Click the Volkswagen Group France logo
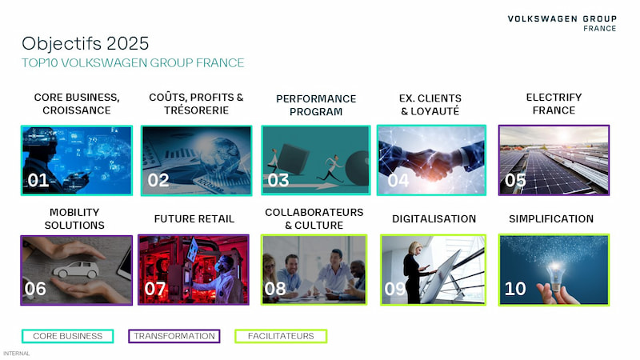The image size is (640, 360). point(562,23)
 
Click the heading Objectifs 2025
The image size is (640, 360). point(86,44)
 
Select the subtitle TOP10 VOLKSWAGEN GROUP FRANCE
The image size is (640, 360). point(133,63)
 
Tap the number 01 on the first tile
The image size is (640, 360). point(38,180)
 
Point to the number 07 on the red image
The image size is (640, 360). point(155,289)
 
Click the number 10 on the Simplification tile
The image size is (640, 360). point(515,289)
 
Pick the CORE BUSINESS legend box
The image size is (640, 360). point(68,336)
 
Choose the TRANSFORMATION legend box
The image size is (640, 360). point(174,336)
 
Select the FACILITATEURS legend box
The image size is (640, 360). point(281,336)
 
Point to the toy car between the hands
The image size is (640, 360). point(76,270)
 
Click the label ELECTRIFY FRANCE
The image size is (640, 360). point(554,104)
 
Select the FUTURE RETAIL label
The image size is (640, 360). point(194,218)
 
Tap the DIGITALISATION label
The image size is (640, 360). point(434,218)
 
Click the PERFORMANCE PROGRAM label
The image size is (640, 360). point(316,105)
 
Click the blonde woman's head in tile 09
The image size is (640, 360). point(417,247)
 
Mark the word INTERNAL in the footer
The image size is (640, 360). point(16,354)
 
